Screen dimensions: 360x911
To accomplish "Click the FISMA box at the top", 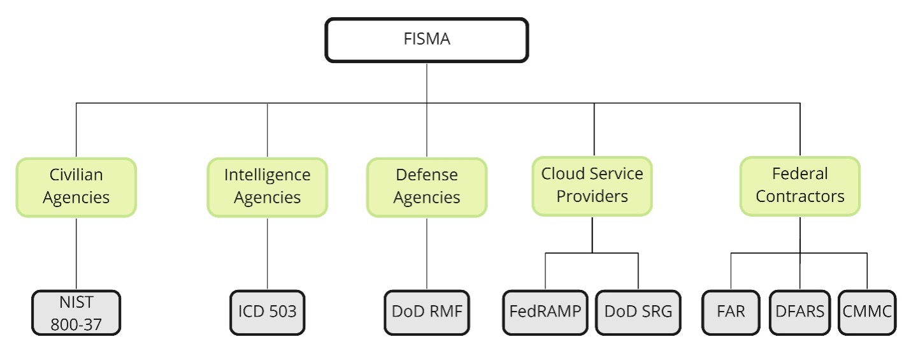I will pyautogui.click(x=426, y=40).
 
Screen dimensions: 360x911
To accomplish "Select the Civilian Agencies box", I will pyautogui.click(x=76, y=187).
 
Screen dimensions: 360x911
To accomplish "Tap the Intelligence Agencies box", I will pyautogui.click(x=267, y=187).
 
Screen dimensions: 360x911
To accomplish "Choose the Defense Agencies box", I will pyautogui.click(x=426, y=187).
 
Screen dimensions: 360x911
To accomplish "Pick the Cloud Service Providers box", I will pyautogui.click(x=592, y=185).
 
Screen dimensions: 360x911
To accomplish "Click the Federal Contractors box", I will pyautogui.click(x=800, y=185).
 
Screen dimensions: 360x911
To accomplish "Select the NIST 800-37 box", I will pyautogui.click(x=76, y=312).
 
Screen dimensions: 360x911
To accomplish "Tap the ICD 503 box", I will pyautogui.click(x=267, y=312).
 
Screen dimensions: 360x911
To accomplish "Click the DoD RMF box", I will pyautogui.click(x=426, y=312).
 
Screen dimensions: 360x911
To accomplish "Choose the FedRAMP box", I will pyautogui.click(x=545, y=312).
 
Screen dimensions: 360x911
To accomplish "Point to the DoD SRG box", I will pyautogui.click(x=638, y=312).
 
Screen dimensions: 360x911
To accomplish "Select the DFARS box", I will pyautogui.click(x=800, y=312).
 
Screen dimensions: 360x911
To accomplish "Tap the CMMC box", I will pyautogui.click(x=867, y=312).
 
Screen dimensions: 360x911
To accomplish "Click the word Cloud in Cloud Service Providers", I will pyautogui.click(x=561, y=174).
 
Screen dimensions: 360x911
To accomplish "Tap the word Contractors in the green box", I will pyautogui.click(x=800, y=196).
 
